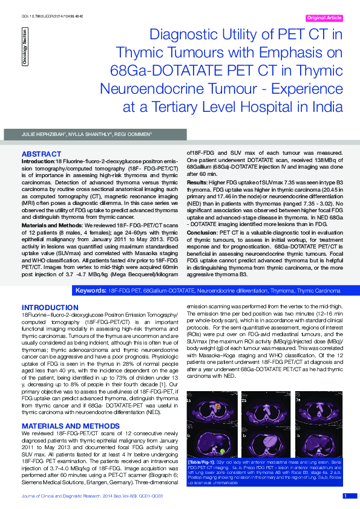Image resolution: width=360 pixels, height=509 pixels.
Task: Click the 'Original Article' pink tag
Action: [x=325, y=18]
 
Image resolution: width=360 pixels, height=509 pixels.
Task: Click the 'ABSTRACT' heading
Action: [x=41, y=154]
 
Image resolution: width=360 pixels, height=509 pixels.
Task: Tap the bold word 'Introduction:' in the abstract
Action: [x=38, y=161]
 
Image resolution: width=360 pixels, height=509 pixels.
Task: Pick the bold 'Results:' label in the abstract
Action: [x=197, y=181]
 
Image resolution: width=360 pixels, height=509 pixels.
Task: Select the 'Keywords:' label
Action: [x=90, y=291]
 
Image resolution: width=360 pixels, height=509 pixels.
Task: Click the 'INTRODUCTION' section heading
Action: [x=50, y=307]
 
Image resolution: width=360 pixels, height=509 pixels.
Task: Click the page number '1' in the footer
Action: [x=345, y=496]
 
